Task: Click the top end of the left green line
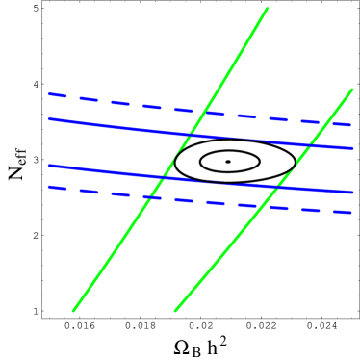point(267,10)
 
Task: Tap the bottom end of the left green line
point(73,310)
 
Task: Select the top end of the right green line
point(352,90)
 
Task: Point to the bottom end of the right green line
point(175,310)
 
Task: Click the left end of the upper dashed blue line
point(48,94)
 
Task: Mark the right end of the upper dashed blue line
point(351,125)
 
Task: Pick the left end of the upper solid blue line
point(48,119)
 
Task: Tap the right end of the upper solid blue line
point(353,148)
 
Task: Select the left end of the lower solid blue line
point(48,166)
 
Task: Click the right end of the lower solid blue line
point(353,193)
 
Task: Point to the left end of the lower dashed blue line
point(48,188)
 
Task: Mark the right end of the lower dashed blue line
point(351,213)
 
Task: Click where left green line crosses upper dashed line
point(204,110)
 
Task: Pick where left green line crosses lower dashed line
point(151,196)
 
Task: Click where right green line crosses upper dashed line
point(325,122)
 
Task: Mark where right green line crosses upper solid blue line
point(308,144)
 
